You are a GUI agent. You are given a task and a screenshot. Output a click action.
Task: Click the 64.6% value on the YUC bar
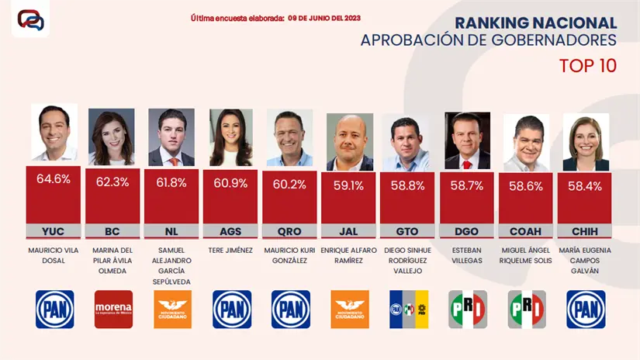(x=54, y=179)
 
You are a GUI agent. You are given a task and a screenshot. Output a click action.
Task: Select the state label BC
(x=112, y=231)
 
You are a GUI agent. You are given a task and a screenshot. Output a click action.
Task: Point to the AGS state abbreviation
(x=230, y=231)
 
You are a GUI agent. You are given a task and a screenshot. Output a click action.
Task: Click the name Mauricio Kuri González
(x=290, y=255)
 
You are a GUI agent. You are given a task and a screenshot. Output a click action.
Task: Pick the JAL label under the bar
(x=349, y=231)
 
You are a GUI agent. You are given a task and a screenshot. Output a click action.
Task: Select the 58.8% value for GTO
(x=408, y=186)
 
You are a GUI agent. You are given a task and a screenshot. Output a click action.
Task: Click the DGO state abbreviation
(x=467, y=231)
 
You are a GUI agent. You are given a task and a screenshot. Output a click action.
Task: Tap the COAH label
(x=526, y=231)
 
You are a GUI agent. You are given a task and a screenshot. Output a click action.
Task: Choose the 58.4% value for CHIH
(x=585, y=187)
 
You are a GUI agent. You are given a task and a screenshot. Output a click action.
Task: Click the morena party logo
(x=113, y=309)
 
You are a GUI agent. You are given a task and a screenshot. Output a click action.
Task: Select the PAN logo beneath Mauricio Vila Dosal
(x=54, y=309)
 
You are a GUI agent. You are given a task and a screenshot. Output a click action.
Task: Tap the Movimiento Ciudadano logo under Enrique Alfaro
(x=350, y=309)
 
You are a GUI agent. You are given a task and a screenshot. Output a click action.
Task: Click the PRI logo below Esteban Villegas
(x=468, y=309)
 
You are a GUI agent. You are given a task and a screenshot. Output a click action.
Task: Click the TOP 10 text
(x=588, y=66)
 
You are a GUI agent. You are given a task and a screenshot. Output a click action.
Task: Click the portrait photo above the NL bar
(x=171, y=137)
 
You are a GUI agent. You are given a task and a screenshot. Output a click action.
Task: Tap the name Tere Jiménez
(x=230, y=250)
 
